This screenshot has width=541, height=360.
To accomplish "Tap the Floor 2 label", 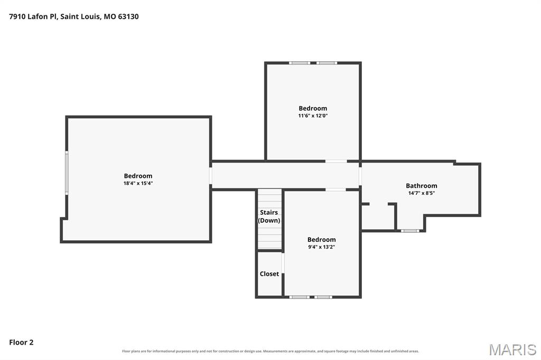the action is (x=21, y=343).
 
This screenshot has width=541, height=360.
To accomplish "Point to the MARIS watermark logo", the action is (x=512, y=349).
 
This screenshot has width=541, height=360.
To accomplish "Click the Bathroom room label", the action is (x=421, y=186).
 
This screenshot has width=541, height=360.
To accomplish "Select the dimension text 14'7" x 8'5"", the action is (x=421, y=193).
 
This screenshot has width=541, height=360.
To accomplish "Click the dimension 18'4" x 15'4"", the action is (x=138, y=183).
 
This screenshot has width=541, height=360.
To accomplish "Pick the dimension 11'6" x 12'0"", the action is (x=313, y=116).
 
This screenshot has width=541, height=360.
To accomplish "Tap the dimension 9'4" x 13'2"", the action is (x=322, y=247).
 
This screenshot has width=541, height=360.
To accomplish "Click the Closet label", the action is (x=269, y=274).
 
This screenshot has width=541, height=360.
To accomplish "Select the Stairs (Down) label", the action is (x=269, y=216).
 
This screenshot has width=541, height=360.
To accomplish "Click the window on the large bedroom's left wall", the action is (x=67, y=173).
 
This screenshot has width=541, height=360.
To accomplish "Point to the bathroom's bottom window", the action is (x=410, y=231).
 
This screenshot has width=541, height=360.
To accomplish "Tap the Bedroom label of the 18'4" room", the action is (x=138, y=176).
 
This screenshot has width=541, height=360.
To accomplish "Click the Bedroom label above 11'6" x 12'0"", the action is (x=313, y=108).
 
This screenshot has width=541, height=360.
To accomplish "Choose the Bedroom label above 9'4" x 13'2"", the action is (x=322, y=240).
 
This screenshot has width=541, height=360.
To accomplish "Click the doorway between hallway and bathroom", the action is (x=360, y=176).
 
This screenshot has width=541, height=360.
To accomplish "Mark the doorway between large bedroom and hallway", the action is (x=210, y=176).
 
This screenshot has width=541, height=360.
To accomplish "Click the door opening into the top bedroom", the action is (x=336, y=161).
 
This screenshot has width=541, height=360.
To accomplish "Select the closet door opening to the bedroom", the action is (x=283, y=263).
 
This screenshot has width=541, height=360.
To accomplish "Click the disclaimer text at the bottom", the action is (x=270, y=351).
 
